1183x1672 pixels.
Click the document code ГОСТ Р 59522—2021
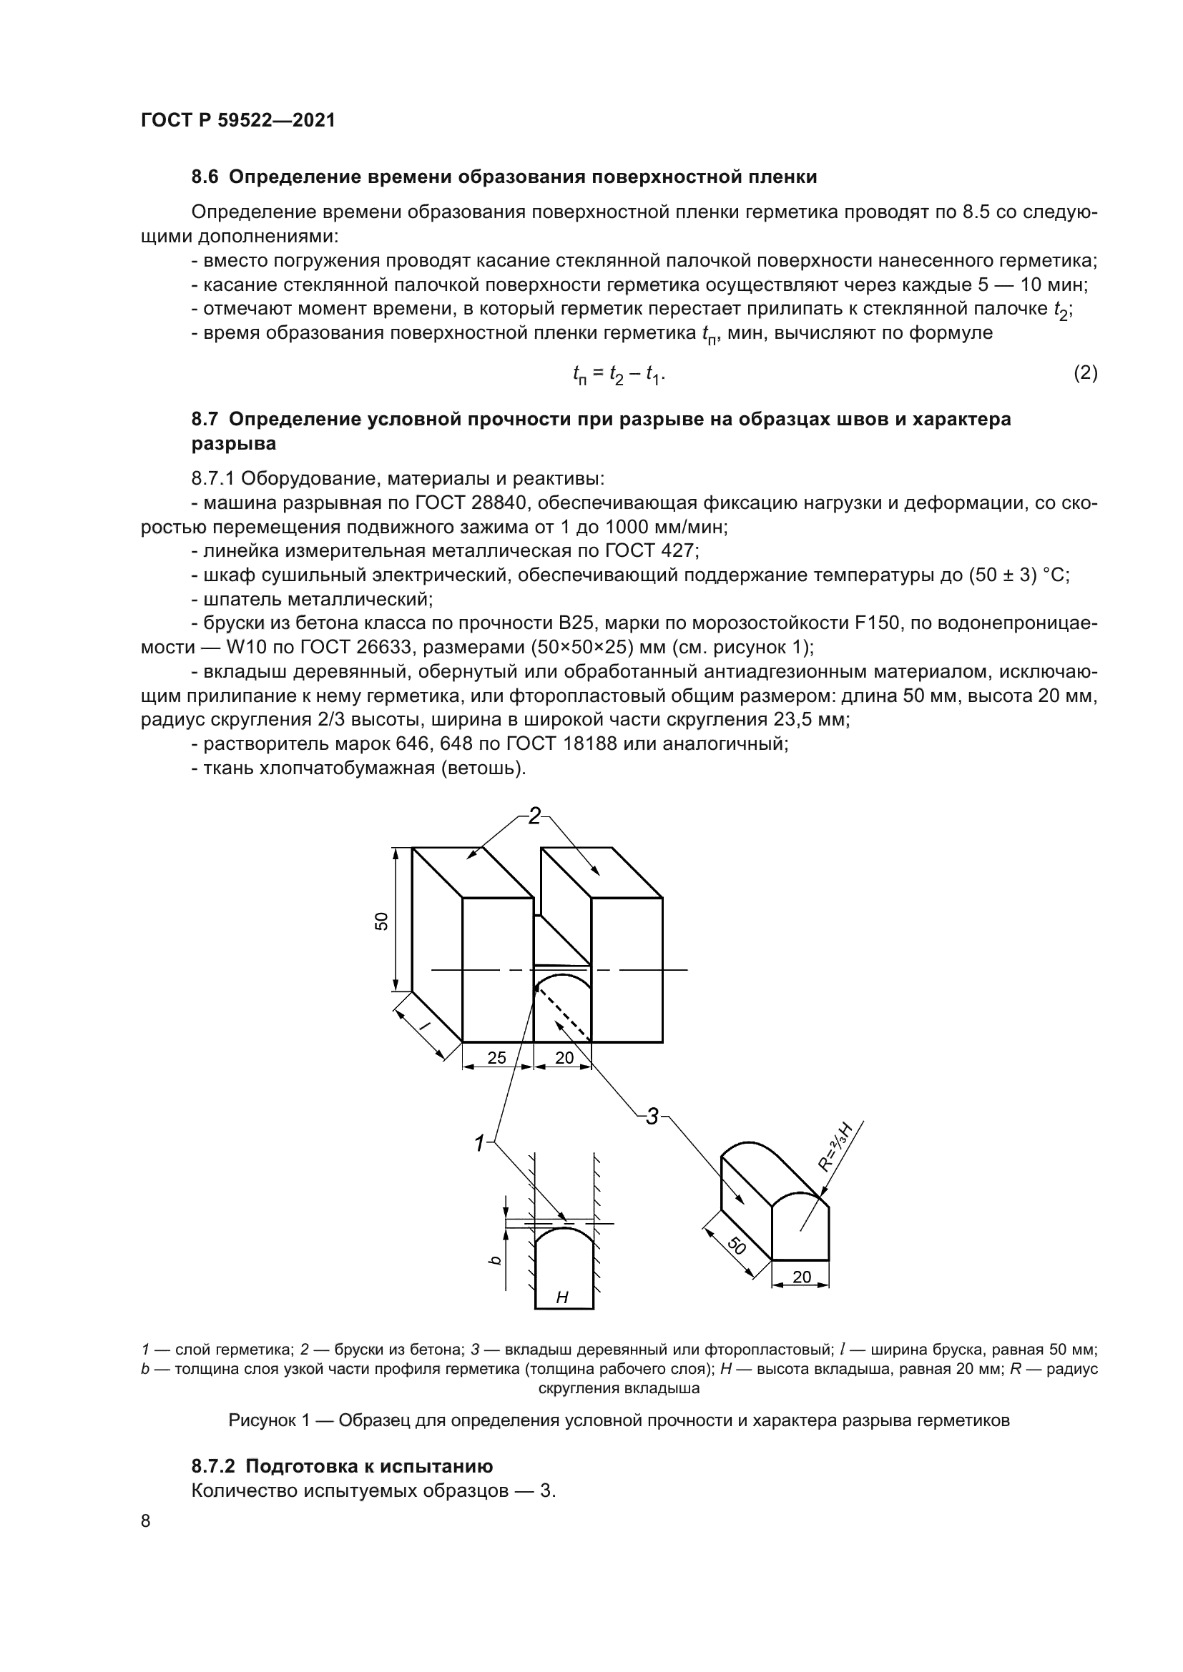point(237,121)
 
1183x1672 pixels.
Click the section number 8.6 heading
point(205,177)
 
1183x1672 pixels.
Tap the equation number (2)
point(1086,374)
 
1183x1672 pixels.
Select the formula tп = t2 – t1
point(619,375)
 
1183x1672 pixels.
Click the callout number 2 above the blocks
point(535,816)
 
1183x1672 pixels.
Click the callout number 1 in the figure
point(479,1144)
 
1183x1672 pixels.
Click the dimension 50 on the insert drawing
point(737,1246)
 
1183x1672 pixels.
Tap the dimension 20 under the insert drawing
point(801,1277)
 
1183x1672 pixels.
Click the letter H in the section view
point(561,1297)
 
